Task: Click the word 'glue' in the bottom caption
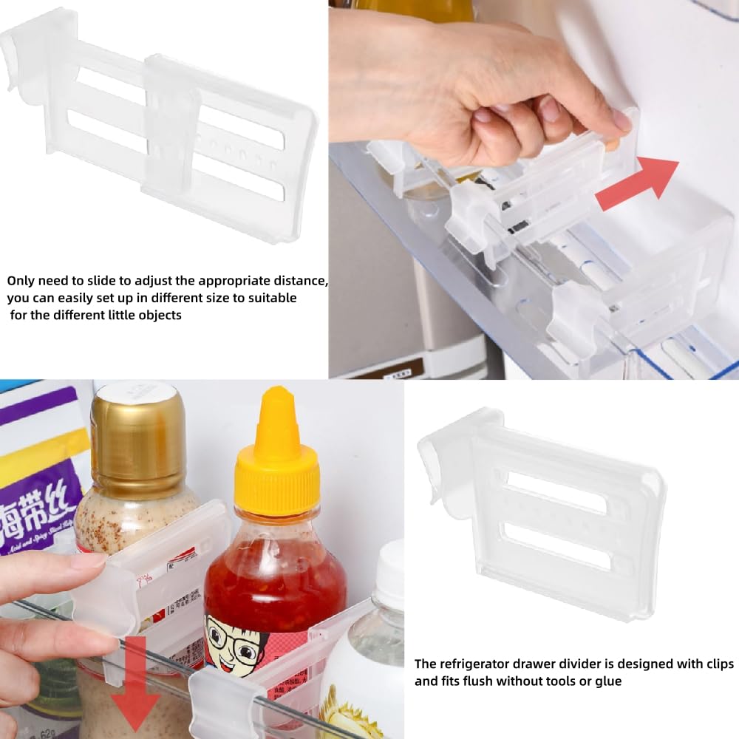click(607, 681)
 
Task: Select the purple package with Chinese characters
click(41, 473)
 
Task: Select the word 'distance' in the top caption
click(296, 282)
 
